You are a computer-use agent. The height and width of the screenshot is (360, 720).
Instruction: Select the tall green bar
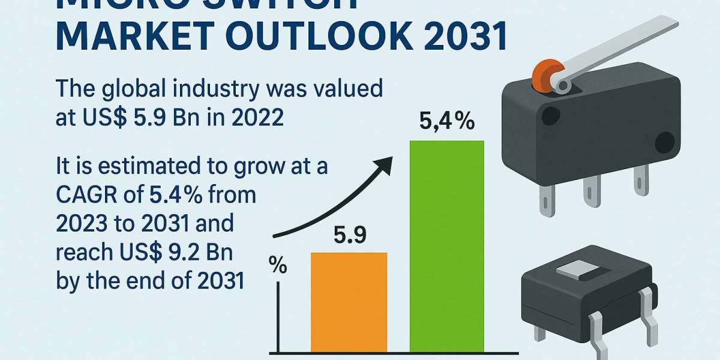coord(446,246)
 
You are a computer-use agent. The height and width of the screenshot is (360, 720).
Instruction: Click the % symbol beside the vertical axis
coord(278,265)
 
